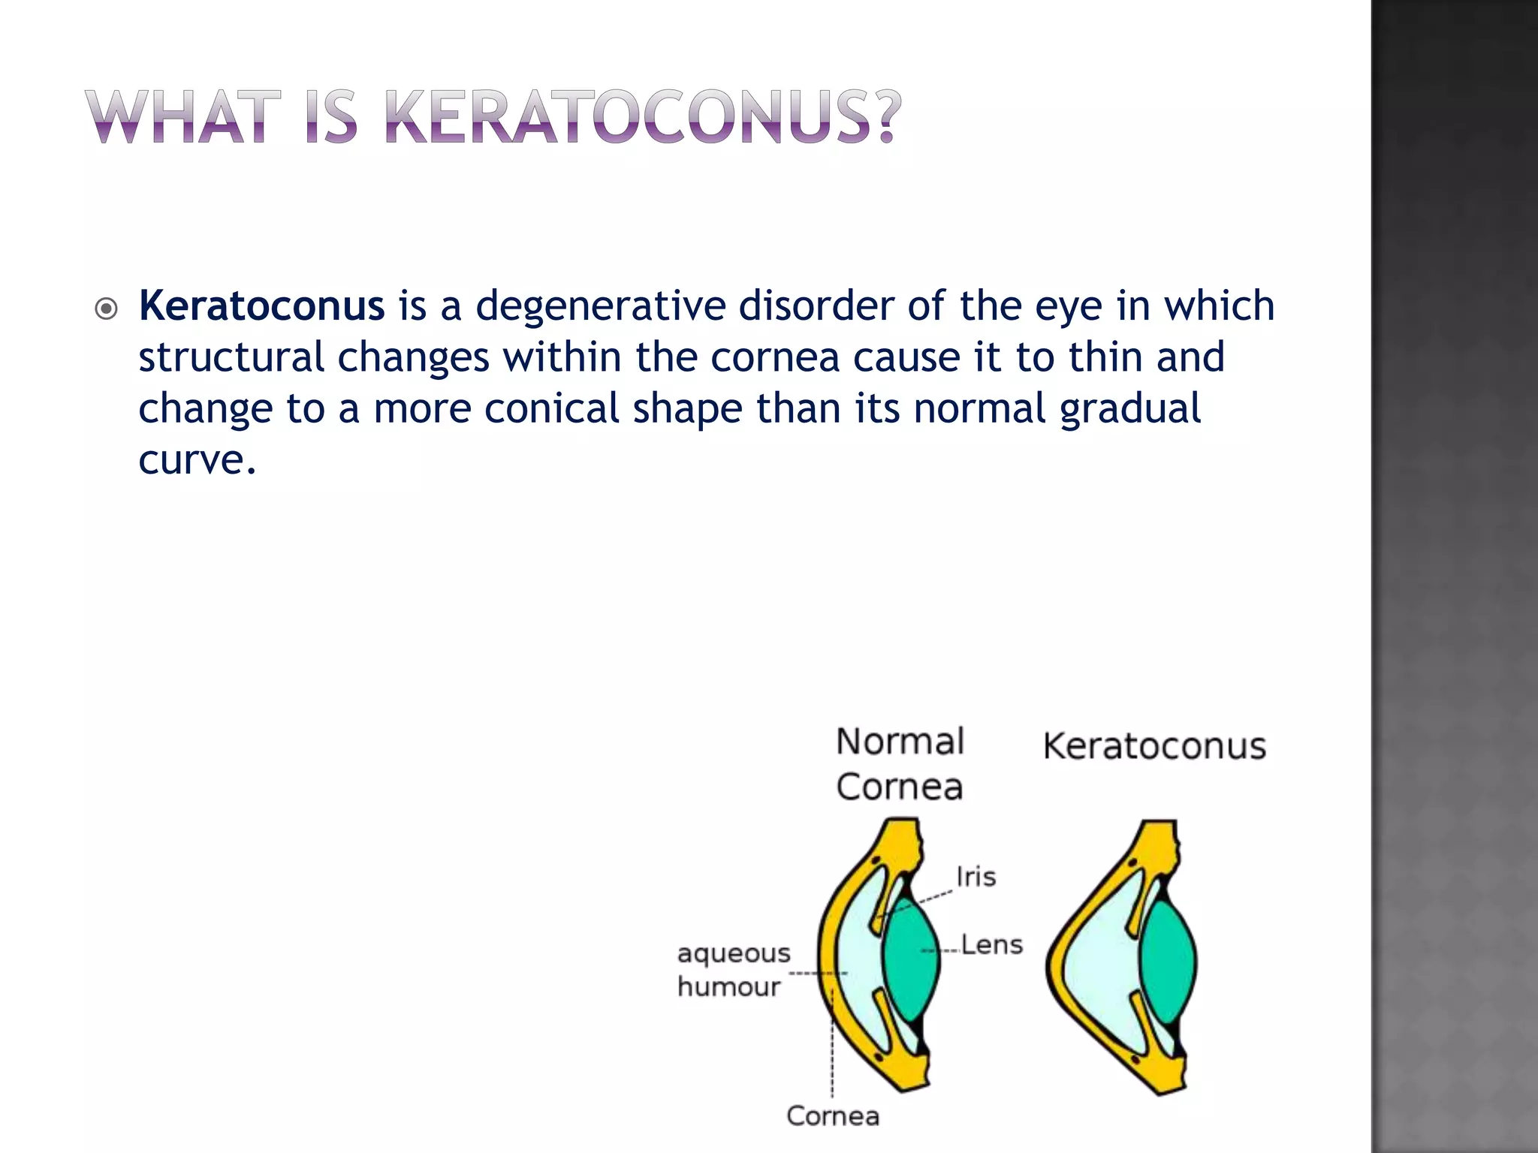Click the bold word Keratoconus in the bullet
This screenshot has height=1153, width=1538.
click(261, 306)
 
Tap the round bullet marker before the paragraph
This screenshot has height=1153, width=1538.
click(107, 309)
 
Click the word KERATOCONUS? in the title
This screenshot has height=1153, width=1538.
click(642, 117)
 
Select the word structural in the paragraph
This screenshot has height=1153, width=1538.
click(231, 357)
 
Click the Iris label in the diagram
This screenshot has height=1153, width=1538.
click(976, 877)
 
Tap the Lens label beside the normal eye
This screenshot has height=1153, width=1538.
click(991, 944)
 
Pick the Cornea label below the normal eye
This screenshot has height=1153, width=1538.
click(833, 1116)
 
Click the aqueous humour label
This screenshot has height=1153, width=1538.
click(733, 970)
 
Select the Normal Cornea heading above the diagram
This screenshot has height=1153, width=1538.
click(900, 764)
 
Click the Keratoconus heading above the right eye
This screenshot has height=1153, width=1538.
click(1154, 747)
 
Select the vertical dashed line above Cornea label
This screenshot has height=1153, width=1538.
click(832, 1051)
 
